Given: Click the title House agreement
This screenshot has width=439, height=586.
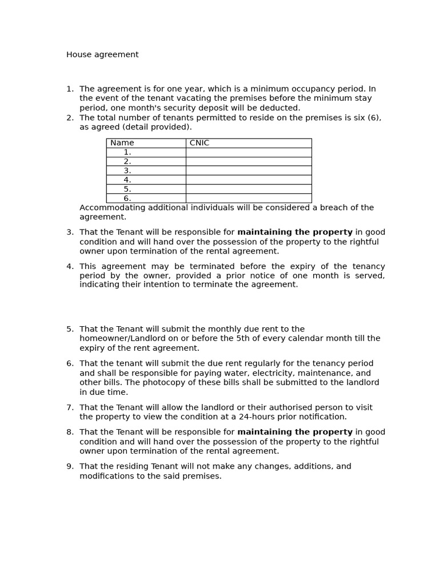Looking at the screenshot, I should click(x=102, y=55).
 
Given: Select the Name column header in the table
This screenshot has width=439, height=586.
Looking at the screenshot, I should click(x=122, y=143).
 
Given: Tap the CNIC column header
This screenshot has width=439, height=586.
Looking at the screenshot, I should click(x=199, y=143).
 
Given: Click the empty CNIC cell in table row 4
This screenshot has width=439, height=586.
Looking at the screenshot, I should click(x=248, y=180).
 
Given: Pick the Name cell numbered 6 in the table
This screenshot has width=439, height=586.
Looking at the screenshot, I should click(x=127, y=199).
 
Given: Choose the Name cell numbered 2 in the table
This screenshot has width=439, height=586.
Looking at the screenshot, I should click(x=127, y=161).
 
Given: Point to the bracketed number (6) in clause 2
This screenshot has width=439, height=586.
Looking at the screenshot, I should click(x=374, y=118).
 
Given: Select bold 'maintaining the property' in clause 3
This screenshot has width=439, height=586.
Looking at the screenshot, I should click(x=294, y=232).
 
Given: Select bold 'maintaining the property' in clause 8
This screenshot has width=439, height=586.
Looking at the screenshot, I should click(x=294, y=432).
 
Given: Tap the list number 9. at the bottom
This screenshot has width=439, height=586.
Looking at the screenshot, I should click(x=70, y=466).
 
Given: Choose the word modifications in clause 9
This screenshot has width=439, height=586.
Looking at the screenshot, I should click(x=106, y=476).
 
